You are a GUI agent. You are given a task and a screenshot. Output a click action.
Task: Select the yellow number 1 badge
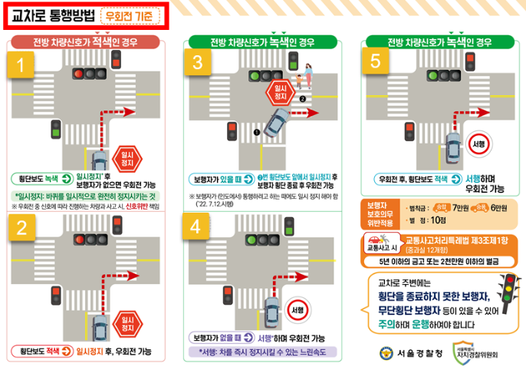(x=21, y=66)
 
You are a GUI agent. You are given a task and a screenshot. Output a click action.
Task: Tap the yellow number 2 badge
(x=21, y=227)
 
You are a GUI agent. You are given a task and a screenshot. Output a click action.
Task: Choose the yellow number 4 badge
(x=201, y=227)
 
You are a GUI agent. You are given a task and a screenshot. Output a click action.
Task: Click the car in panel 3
(x=274, y=121)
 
